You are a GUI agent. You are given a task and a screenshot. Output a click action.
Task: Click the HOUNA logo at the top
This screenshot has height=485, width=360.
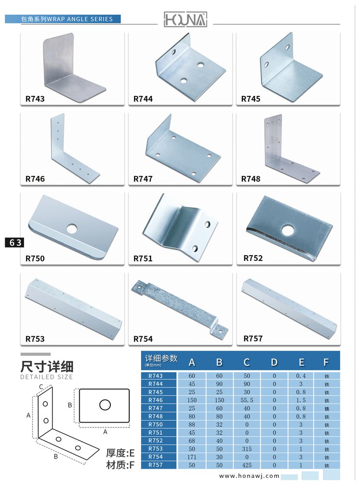185,20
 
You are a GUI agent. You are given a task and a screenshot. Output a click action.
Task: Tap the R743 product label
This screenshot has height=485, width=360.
35,99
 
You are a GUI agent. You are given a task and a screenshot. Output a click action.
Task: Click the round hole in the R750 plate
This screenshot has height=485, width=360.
72,228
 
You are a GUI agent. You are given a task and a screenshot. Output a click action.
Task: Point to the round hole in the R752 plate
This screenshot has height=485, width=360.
288,230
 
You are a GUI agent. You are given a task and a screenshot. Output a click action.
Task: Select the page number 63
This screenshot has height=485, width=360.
14,243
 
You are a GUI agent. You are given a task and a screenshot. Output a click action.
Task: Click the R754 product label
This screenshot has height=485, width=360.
143,339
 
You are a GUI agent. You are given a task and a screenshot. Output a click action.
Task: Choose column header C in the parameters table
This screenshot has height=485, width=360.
247,362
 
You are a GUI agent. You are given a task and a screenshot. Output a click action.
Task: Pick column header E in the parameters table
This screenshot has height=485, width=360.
301,362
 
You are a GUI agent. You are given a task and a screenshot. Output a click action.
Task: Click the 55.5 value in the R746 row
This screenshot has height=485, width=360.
247,400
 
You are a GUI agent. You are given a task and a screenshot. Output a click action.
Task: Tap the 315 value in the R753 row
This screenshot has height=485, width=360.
247,449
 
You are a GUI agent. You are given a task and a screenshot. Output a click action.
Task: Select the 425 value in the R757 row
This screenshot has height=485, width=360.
247,465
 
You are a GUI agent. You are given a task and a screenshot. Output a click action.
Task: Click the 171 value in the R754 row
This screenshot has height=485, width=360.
192,457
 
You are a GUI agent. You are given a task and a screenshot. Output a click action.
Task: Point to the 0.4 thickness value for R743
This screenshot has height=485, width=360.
301,376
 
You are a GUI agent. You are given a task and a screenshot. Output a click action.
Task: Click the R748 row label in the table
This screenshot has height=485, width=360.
156,416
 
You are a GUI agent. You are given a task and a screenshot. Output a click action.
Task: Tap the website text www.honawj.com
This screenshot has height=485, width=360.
249,476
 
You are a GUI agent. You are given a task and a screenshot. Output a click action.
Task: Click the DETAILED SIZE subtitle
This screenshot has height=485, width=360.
47,377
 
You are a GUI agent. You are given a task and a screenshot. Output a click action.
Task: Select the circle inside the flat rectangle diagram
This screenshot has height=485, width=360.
105,404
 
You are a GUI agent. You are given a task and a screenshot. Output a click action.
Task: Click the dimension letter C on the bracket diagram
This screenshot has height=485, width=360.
41,387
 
